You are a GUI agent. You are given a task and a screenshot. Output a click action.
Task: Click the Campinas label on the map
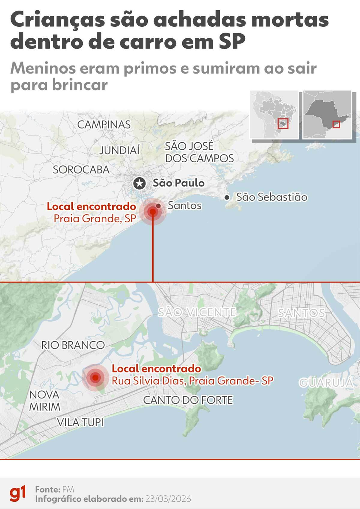coord(104,125)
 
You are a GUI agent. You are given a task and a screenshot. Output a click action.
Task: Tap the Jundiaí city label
coord(119,150)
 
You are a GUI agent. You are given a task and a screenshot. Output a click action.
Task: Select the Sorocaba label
coord(81,170)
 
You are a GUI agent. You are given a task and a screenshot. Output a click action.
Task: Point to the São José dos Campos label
coord(199,152)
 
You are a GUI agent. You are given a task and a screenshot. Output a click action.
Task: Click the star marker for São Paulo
coord(139,183)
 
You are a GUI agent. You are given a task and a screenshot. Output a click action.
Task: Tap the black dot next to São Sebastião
coord(227,197)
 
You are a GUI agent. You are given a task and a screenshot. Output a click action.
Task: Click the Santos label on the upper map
coord(184,206)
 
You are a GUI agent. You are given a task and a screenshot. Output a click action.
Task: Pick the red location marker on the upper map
coord(153,212)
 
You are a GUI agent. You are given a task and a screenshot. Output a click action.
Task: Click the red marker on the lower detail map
coord(95,377)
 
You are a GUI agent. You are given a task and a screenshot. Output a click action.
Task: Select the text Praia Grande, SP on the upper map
coord(95,219)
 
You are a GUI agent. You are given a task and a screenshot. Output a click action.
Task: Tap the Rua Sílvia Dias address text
coord(192,381)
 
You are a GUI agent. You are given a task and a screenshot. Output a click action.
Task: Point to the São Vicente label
coord(196,312)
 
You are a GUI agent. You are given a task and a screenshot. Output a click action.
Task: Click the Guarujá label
coord(326,383)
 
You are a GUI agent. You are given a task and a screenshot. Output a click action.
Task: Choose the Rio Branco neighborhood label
coord(73,345)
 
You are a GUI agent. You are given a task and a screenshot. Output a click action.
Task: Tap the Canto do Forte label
coord(188,400)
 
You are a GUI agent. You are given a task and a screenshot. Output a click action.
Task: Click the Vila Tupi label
coord(80,422)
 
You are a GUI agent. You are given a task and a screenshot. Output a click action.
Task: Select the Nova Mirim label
coord(45,401)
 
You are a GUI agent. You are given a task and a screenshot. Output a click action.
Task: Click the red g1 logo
coord(18,493)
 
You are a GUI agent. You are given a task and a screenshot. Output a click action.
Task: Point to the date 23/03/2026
coord(168,499)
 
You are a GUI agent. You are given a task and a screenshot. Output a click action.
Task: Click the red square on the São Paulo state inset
coord(336,125)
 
